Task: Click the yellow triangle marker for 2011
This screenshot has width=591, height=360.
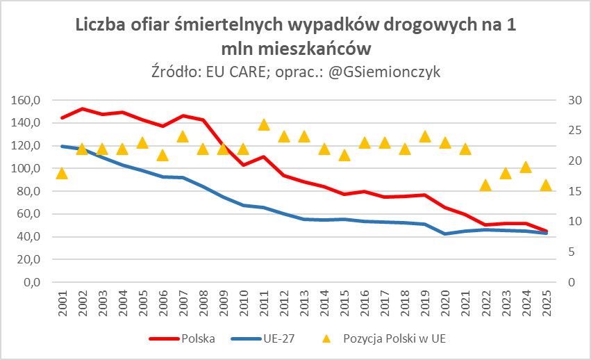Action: click(264, 125)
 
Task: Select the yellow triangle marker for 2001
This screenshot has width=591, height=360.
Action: click(62, 173)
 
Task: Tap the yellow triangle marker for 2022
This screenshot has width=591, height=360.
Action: click(485, 186)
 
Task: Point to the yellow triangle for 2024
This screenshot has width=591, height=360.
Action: click(526, 167)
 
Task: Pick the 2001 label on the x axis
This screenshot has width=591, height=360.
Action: click(62, 304)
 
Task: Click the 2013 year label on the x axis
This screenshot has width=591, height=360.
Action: click(304, 304)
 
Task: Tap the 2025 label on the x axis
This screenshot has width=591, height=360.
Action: click(547, 304)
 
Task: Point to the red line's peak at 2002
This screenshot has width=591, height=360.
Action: click(82, 109)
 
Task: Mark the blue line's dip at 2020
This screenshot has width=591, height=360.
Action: click(445, 234)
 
